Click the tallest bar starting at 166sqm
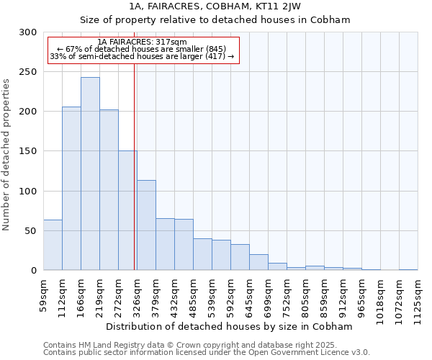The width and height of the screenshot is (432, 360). coord(90,174)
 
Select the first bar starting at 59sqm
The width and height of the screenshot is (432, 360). coord(53,245)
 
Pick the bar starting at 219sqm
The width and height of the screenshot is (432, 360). coord(109,190)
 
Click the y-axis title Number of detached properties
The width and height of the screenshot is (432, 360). coord(6,155)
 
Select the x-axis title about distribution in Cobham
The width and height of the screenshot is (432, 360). coord(228,326)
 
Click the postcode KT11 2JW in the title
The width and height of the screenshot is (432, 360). coord(276,6)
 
